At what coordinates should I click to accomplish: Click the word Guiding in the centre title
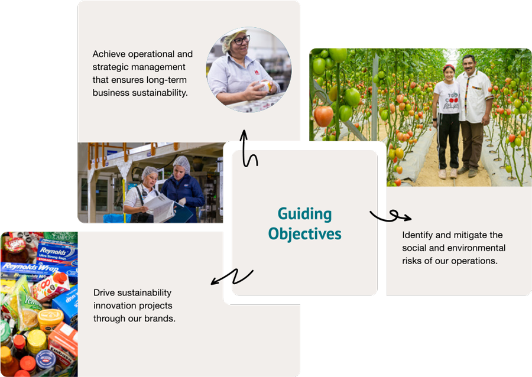[x=304, y=214]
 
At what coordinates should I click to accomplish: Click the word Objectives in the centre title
[x=304, y=234]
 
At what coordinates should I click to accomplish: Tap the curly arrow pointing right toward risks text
[x=390, y=216]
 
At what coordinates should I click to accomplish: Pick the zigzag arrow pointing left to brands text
[x=233, y=277]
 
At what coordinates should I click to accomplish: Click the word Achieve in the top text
[x=109, y=54]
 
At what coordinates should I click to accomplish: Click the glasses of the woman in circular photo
[x=242, y=40]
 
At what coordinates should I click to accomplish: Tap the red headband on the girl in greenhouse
[x=448, y=67]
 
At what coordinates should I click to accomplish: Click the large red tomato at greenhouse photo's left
[x=323, y=116]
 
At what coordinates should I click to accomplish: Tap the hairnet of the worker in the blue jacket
[x=181, y=162]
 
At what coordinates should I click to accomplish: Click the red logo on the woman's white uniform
[x=257, y=72]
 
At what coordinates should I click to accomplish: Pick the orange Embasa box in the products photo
[x=63, y=344]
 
